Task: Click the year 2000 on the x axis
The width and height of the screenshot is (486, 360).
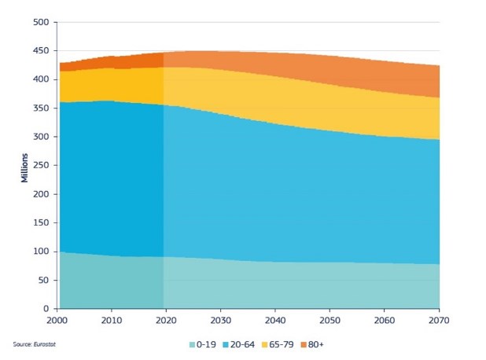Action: [x=57, y=321]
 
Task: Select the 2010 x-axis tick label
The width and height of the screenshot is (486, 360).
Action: [x=112, y=321]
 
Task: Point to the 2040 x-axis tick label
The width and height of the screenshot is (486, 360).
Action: [x=275, y=321]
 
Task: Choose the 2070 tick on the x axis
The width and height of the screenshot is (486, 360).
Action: [x=439, y=321]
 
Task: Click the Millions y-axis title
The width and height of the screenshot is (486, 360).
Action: [x=25, y=165]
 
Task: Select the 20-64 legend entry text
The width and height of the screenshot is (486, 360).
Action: [x=241, y=344]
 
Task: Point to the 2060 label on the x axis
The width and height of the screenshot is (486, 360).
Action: [x=385, y=321]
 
